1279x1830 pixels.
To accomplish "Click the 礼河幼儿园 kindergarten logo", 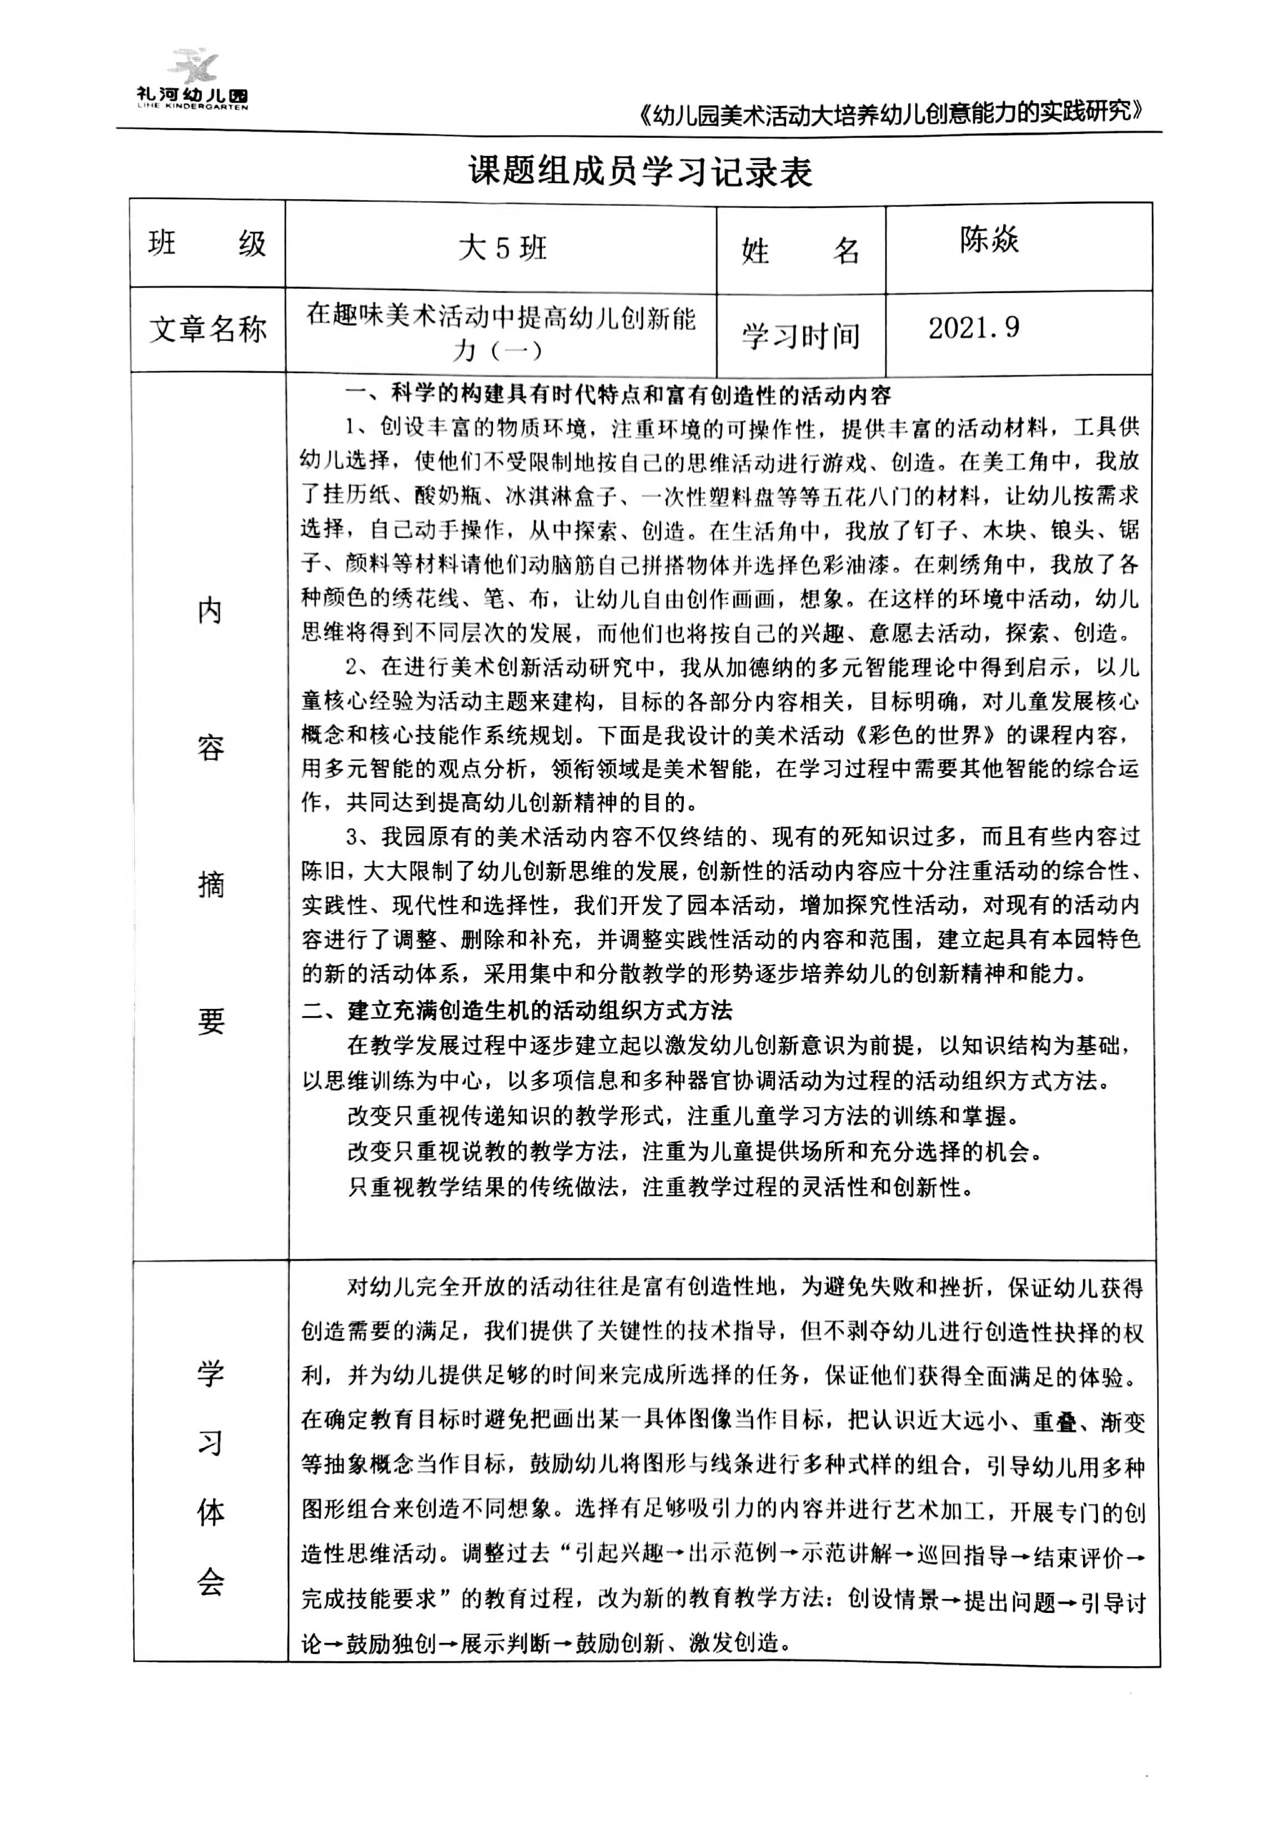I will (x=192, y=80).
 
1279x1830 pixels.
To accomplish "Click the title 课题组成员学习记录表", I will (x=640, y=172).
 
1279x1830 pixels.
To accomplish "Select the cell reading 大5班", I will (x=502, y=248).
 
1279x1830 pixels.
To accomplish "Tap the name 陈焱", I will (x=989, y=239).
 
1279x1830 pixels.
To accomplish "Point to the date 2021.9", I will (x=973, y=328).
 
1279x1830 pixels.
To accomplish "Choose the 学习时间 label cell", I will (x=801, y=335).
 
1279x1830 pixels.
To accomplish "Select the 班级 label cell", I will (x=207, y=243).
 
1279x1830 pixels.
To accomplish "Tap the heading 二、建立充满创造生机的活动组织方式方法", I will (x=517, y=1010).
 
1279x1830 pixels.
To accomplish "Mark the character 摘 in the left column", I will (x=210, y=884).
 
